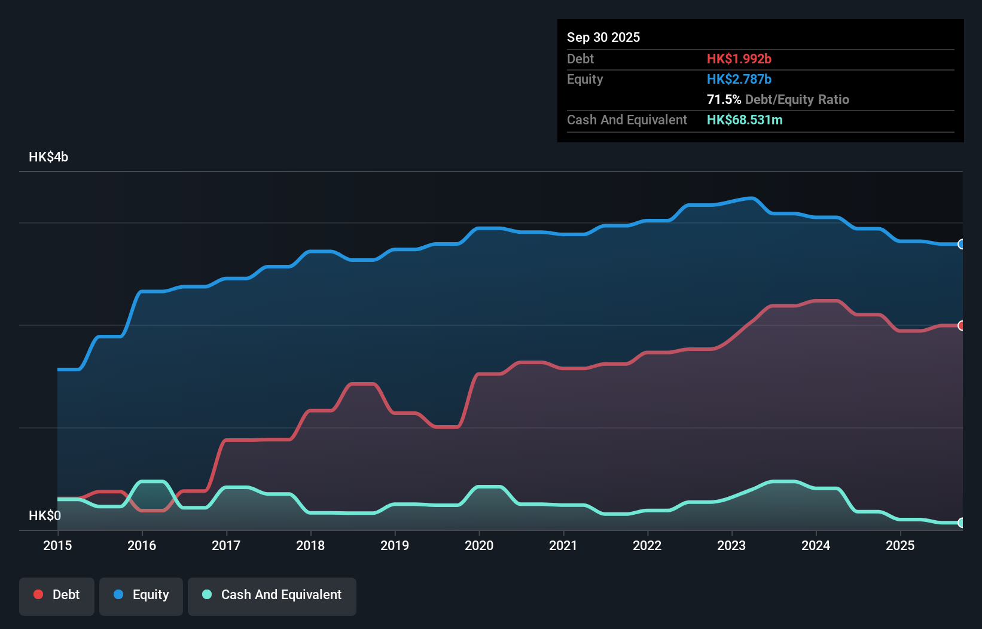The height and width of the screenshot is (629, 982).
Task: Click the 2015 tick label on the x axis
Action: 57,545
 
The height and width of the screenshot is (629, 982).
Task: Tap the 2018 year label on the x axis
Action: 310,545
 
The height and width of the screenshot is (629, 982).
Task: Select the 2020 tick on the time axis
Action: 479,545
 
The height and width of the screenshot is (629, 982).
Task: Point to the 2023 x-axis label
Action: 731,545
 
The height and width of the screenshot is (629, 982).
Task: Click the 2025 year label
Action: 900,545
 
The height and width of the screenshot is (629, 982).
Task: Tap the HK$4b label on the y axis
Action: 48,157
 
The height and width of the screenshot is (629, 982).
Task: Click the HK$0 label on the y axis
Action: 45,515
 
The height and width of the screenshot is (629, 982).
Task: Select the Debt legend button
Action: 57,595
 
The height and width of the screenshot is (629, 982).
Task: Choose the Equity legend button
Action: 141,595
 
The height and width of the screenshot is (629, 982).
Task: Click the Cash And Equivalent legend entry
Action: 272,595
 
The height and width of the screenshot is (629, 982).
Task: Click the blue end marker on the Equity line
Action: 961,244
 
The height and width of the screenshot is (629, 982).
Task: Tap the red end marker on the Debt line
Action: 961,326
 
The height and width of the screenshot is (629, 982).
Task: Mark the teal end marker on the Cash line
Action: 961,523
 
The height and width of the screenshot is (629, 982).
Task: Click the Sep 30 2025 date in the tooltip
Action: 603,37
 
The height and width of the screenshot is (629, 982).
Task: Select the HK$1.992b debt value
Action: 739,59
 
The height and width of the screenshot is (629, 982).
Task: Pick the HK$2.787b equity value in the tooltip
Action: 739,79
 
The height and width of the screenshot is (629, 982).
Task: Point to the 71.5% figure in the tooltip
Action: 724,99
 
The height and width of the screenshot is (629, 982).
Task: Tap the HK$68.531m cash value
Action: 745,120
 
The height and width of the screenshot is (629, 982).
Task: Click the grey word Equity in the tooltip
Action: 585,79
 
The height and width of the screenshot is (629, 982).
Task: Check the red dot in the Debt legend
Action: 38,594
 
